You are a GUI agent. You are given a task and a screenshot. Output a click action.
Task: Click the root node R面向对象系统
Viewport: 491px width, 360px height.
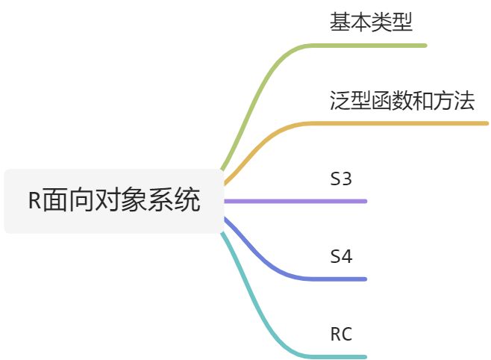(113, 201)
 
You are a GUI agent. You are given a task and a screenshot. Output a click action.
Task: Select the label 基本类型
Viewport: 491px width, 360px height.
(371, 22)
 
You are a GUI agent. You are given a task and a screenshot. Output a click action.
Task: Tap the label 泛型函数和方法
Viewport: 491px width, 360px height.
(401, 101)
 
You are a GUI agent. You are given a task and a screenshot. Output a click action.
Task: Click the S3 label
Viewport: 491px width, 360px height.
(341, 179)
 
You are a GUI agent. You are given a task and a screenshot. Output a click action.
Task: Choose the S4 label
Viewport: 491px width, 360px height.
(341, 257)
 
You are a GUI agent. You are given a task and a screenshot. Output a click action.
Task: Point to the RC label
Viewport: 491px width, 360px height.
(341, 335)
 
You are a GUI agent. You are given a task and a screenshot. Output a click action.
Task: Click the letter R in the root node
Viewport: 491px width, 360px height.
(34, 202)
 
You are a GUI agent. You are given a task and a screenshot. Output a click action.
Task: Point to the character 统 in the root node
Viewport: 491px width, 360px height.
(190, 202)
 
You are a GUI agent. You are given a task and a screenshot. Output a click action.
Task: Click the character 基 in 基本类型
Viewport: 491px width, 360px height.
(340, 22)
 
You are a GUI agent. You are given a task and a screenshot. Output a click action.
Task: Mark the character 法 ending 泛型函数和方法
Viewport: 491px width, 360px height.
(464, 101)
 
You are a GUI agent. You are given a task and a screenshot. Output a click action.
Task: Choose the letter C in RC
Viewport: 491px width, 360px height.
(346, 335)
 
